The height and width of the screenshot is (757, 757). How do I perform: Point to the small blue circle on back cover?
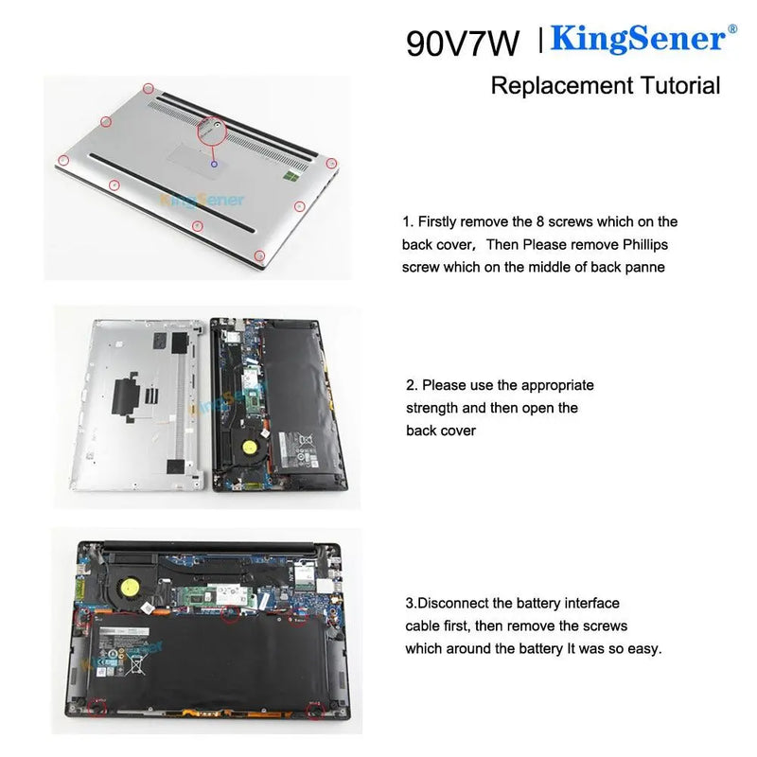coord(215,164)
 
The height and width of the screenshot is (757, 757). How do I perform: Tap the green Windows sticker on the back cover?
coord(294,178)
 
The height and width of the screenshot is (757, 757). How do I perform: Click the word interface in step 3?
coord(590,603)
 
